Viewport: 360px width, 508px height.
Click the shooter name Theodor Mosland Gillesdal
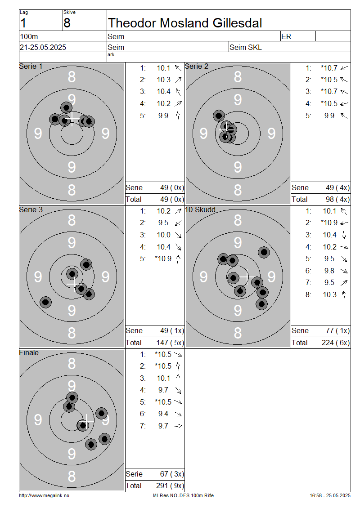tap(185, 23)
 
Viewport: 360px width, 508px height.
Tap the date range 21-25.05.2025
tap(43, 47)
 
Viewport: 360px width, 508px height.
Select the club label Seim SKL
tap(246, 47)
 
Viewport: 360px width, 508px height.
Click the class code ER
tap(286, 36)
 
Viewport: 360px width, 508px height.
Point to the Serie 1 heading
tap(31, 66)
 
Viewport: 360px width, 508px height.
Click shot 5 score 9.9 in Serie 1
tap(163, 116)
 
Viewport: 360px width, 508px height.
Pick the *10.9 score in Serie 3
tap(163, 258)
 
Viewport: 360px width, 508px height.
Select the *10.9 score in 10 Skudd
tap(329, 223)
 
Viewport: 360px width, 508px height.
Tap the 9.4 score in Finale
tap(163, 414)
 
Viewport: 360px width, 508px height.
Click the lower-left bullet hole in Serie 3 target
tap(46, 302)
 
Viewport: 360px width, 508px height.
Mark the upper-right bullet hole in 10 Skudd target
tap(264, 252)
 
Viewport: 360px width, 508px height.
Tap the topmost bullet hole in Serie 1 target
tap(67, 107)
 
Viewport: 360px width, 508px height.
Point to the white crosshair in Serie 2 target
tap(226, 130)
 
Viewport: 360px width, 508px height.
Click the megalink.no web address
tap(44, 495)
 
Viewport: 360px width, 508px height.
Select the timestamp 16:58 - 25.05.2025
tap(330, 495)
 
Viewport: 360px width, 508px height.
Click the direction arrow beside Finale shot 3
tap(178, 378)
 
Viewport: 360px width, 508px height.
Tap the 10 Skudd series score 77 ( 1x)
tap(337, 330)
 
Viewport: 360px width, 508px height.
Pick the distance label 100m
tap(29, 36)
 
